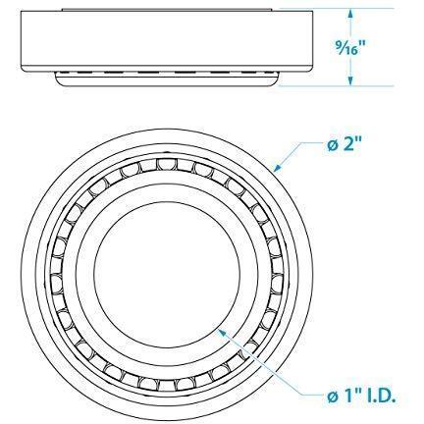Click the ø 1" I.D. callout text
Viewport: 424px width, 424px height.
pyautogui.click(x=361, y=397)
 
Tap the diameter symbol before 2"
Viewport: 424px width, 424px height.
pyautogui.click(x=332, y=145)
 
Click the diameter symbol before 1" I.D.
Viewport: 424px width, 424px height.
pyautogui.click(x=333, y=398)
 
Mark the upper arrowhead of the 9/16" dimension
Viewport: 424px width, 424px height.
pyautogui.click(x=350, y=14)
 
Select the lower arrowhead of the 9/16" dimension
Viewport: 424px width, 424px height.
pyautogui.click(x=350, y=81)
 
